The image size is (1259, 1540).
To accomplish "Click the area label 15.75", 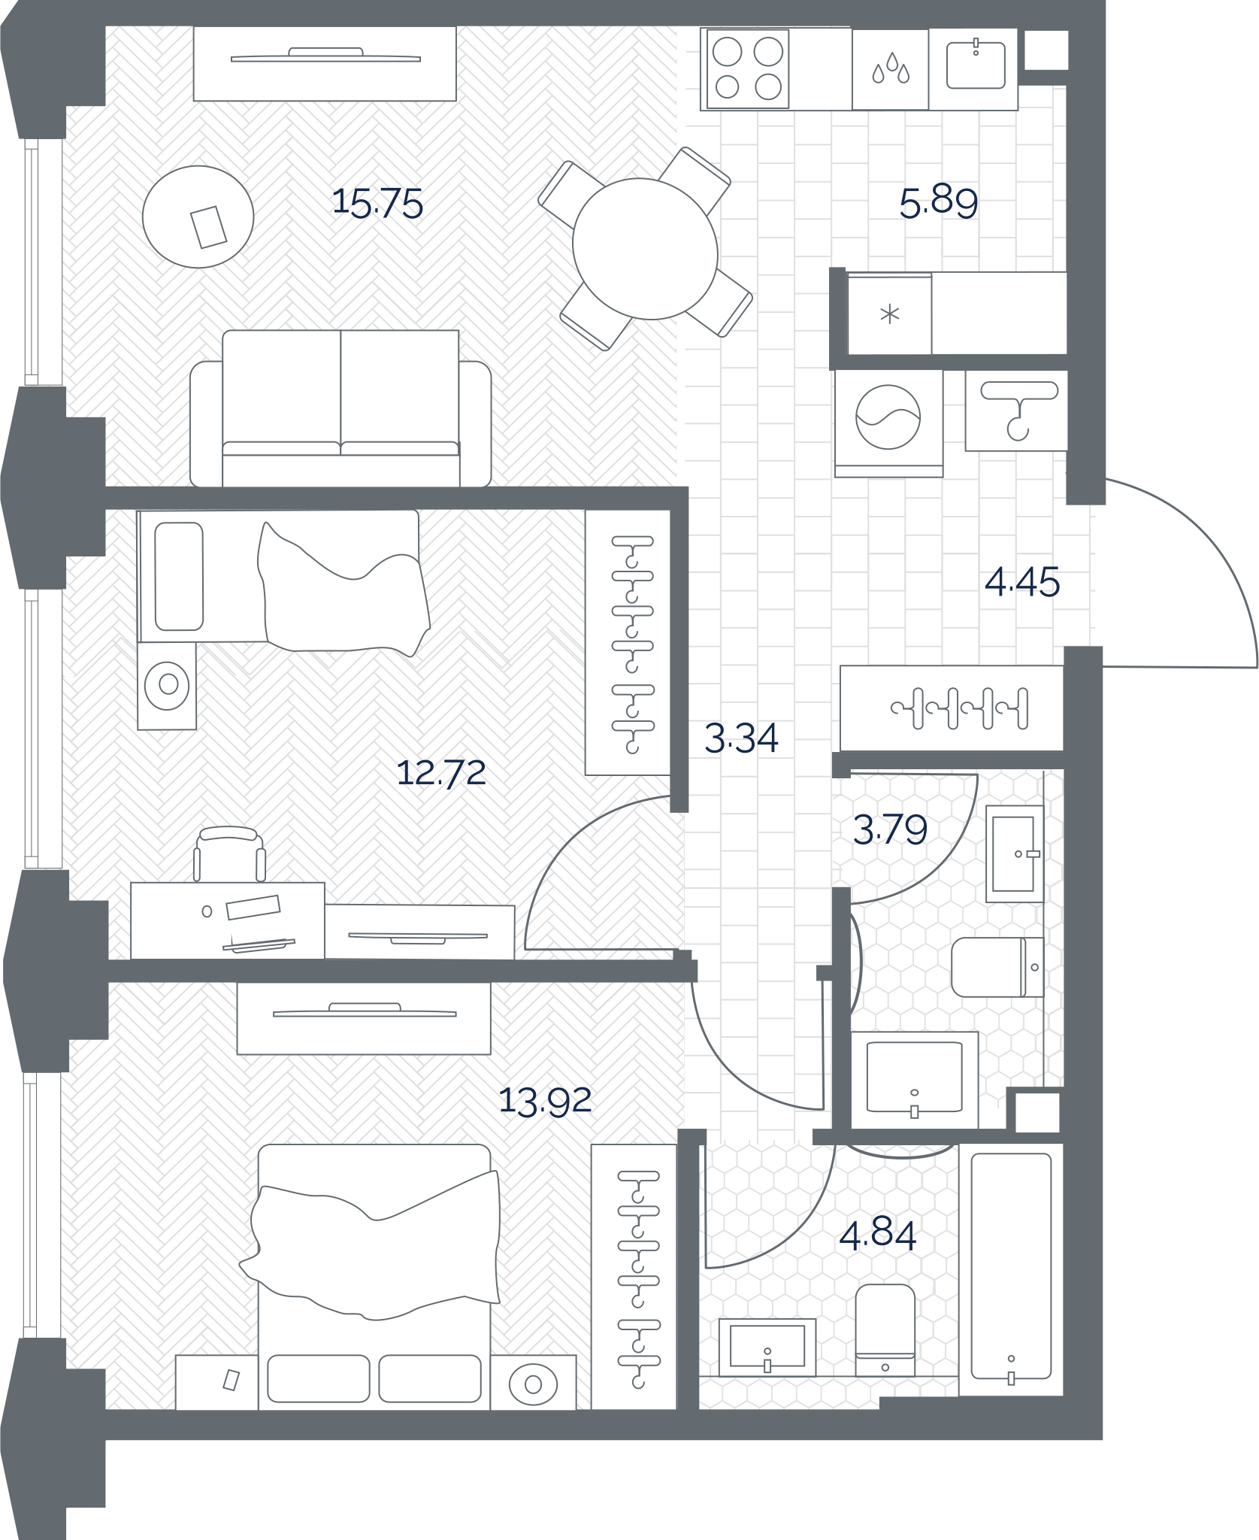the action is click(x=377, y=203).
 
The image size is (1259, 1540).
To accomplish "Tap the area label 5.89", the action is click(x=939, y=202).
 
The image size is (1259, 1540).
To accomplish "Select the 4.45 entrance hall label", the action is click(x=1022, y=582).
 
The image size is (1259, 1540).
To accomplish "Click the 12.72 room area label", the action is click(x=441, y=772).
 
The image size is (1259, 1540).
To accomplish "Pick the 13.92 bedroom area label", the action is click(x=545, y=1101).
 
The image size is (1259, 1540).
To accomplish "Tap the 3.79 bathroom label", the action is click(x=890, y=829).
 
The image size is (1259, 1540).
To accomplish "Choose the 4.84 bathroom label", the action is click(x=877, y=1235).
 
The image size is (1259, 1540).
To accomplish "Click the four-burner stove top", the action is click(x=748, y=69).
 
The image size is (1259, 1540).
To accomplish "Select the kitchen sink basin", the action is click(x=976, y=65).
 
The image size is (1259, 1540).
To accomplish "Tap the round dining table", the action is click(x=645, y=248).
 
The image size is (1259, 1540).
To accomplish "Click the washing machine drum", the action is click(x=888, y=417).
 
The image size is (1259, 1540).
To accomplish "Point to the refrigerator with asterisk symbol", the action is click(x=890, y=313).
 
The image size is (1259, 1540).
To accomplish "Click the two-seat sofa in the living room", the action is click(x=340, y=408).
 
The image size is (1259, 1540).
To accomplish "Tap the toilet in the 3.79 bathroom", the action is click(x=997, y=967).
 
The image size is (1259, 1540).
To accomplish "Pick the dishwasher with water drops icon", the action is click(x=890, y=69).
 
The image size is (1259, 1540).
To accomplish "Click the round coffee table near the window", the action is click(x=198, y=217).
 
